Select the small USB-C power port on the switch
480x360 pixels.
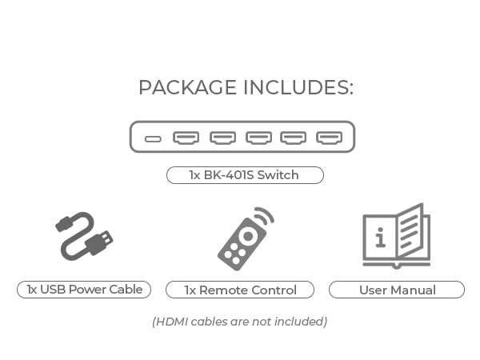(x=153, y=138)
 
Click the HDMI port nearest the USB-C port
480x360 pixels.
(x=186, y=138)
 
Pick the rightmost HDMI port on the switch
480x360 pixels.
(x=329, y=138)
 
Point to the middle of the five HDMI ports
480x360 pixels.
(x=258, y=138)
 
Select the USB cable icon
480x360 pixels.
(x=84, y=235)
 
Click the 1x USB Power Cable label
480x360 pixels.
(x=84, y=290)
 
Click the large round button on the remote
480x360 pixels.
(x=248, y=236)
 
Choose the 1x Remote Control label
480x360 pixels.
(x=240, y=290)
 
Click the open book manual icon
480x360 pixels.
(x=396, y=236)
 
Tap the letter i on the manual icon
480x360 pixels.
(x=380, y=238)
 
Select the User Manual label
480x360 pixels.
(x=397, y=290)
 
